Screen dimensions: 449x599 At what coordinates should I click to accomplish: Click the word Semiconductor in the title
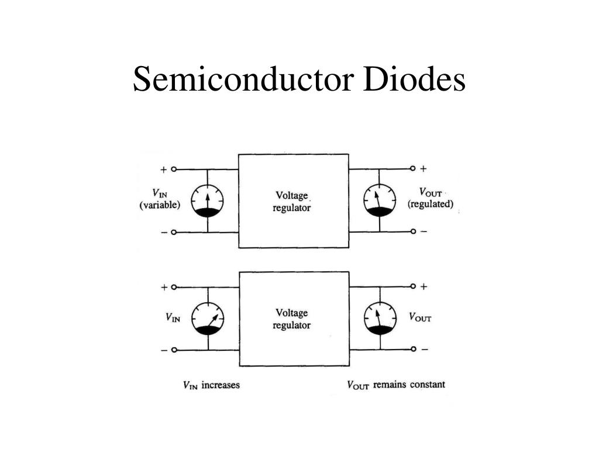245,80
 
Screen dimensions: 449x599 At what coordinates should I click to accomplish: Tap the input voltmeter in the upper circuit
208,201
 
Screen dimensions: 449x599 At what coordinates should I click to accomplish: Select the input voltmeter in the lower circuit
208,319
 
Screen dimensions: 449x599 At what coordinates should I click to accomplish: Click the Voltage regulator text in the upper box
292,201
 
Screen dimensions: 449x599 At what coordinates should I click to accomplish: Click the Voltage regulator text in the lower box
292,319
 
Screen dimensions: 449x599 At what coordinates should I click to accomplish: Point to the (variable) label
160,205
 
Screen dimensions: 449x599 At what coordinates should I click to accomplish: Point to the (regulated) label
431,204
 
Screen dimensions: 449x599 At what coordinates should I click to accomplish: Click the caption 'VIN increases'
211,385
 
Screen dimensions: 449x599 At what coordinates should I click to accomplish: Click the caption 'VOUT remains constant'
396,385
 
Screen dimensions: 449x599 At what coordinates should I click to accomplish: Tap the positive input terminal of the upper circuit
173,170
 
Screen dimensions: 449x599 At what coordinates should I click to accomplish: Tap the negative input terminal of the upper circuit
173,233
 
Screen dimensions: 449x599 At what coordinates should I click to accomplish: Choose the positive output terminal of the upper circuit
412,169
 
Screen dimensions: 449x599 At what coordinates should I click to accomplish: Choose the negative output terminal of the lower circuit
413,349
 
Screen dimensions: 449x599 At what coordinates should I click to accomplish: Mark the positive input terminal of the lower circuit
173,287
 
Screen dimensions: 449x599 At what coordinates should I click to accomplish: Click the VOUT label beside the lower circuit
420,317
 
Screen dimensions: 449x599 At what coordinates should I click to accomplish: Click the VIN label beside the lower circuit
173,318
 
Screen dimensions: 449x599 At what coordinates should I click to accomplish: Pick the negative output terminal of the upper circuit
413,232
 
